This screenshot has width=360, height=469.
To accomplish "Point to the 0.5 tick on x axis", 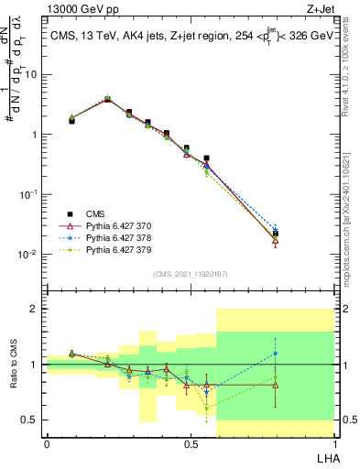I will [x=190, y=443].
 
